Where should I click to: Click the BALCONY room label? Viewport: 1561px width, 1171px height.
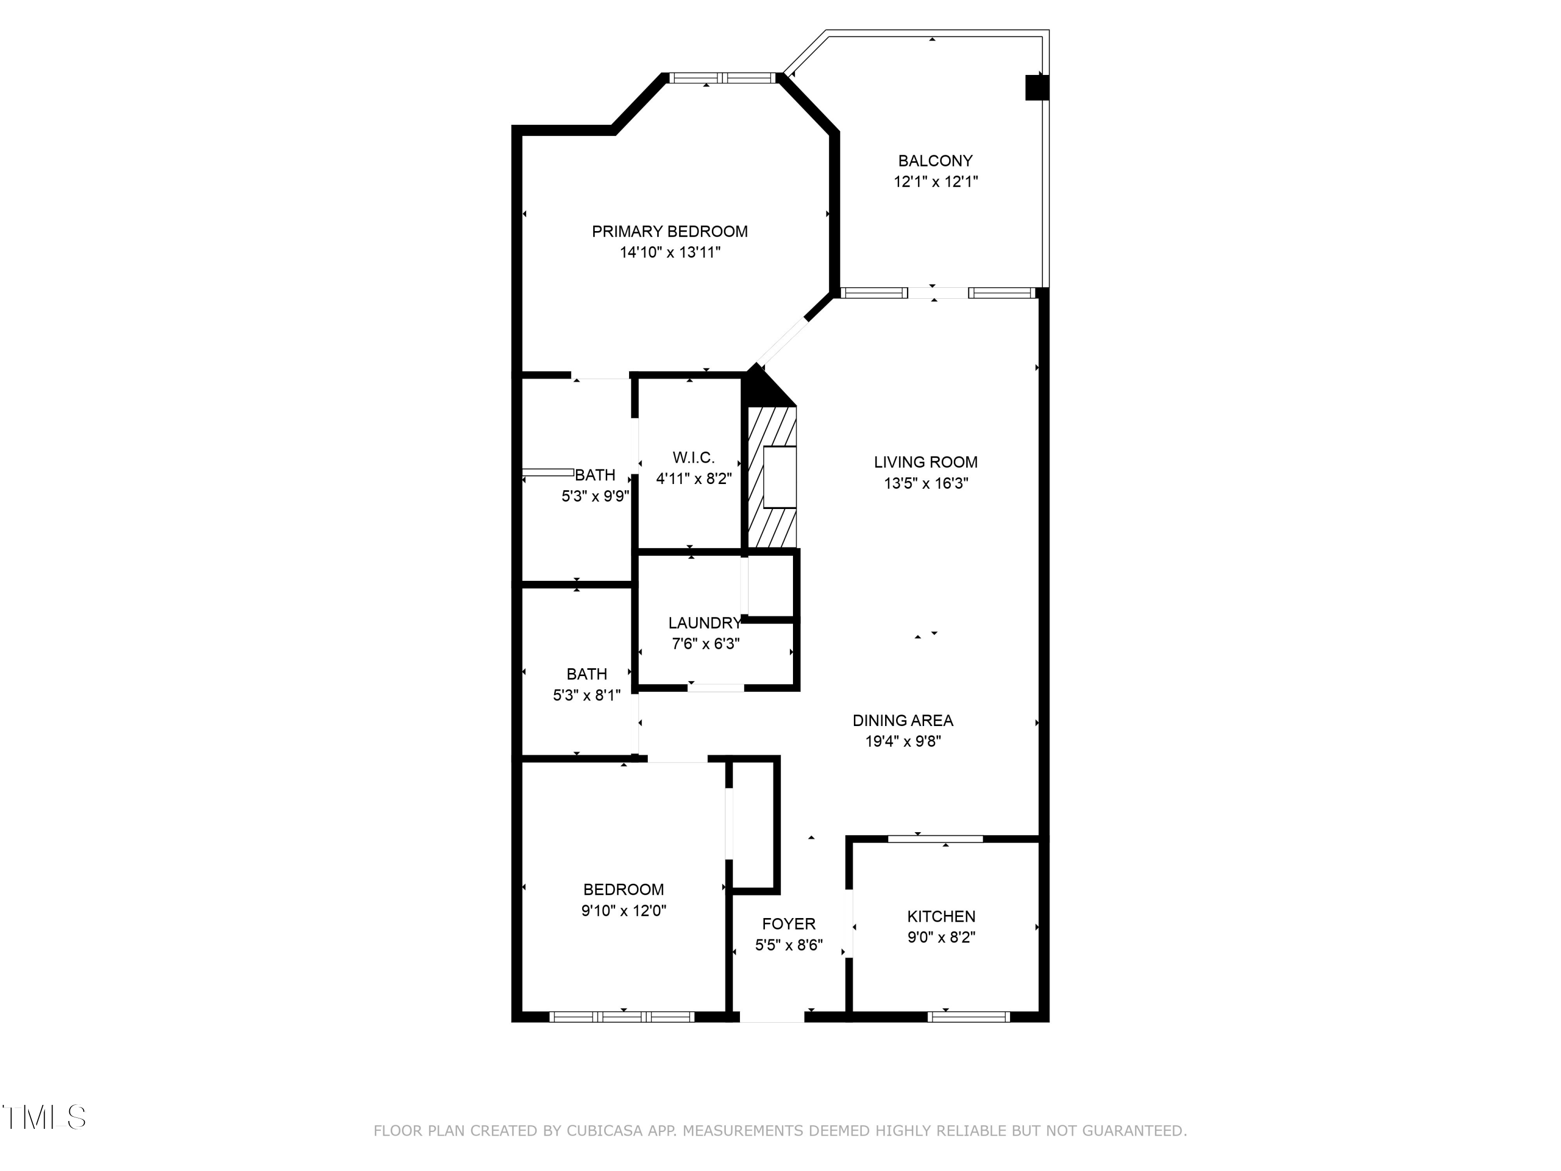(x=935, y=161)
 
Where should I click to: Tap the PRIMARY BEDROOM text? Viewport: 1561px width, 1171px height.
(x=669, y=232)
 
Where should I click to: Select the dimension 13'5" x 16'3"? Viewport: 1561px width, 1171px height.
(x=926, y=483)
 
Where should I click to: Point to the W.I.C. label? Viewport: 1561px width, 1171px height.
(x=693, y=457)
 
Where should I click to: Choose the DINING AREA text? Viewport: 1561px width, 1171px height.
(x=903, y=721)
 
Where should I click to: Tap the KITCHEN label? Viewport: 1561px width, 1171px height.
(x=941, y=916)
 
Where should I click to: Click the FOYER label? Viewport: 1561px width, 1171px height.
(x=788, y=924)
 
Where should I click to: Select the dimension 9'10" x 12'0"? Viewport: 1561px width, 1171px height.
(x=623, y=911)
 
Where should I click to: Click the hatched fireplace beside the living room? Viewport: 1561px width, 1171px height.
(x=772, y=477)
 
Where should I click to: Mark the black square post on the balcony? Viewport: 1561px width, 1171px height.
(x=1037, y=87)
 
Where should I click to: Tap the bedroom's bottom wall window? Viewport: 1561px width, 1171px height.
(x=622, y=1017)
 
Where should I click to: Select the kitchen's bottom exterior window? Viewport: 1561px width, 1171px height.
(x=968, y=1017)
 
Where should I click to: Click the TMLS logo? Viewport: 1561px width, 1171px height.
(x=44, y=1117)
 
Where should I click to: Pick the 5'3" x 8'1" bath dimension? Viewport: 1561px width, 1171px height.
(x=586, y=695)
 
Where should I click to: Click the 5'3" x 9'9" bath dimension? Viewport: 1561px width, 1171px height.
(x=595, y=496)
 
